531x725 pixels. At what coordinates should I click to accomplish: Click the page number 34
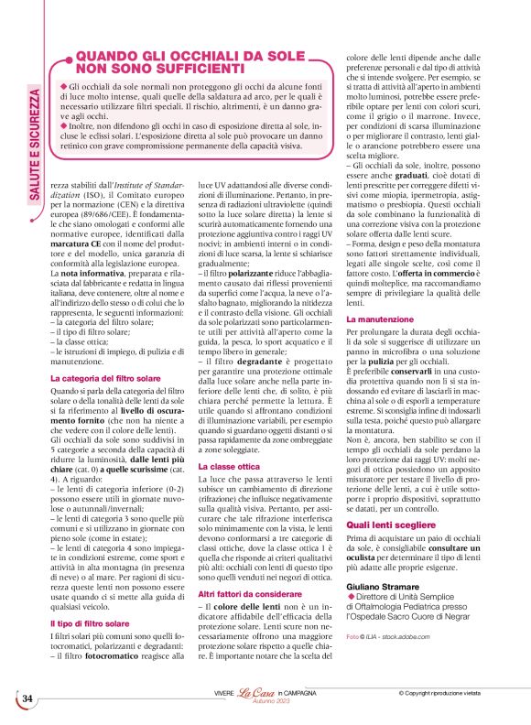(x=27, y=699)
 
